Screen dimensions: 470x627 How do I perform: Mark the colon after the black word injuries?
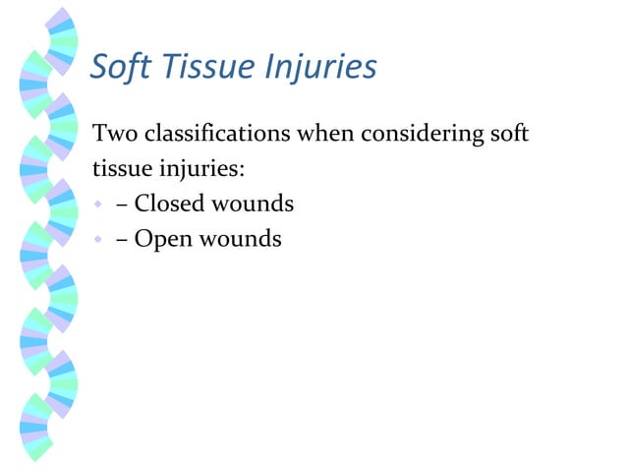pos(242,170)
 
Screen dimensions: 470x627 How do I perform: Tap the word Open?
pos(163,239)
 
